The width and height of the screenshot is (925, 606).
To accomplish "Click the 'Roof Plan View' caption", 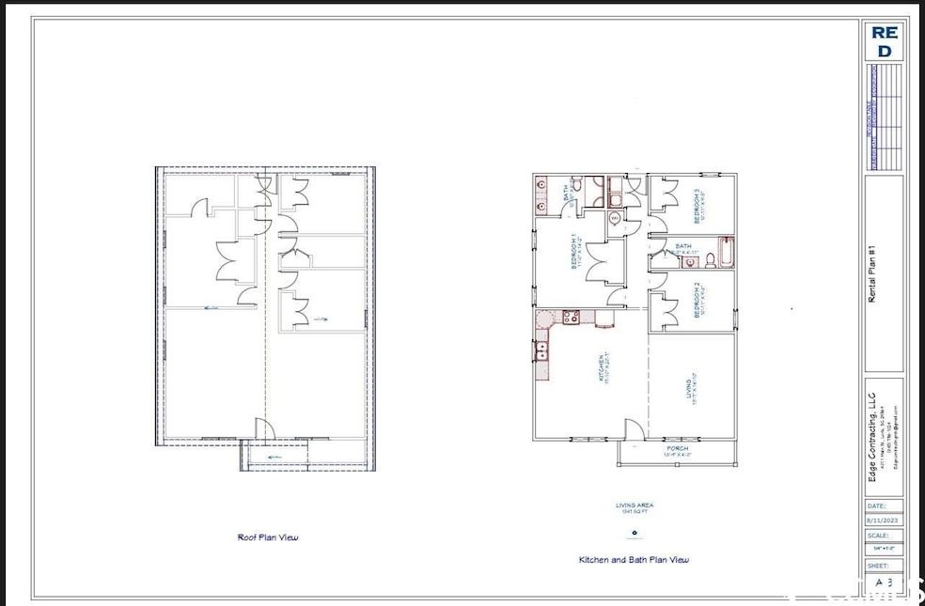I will coord(267,537).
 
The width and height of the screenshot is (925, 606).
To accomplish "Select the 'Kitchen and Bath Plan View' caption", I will coord(634,560).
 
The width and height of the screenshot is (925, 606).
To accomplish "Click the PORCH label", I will coord(679,449).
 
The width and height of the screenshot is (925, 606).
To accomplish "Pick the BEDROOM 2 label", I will coord(697,301).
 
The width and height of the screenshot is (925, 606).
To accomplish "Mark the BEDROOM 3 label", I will coord(697,206).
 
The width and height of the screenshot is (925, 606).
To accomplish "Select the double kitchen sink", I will coord(542,353).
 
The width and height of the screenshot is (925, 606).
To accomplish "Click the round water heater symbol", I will coord(615,219).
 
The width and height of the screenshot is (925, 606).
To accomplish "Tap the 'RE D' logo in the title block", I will coord(884,40).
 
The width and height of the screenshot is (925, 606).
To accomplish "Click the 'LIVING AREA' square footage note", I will coord(635,508).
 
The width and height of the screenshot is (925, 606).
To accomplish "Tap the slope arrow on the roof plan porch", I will coord(274,458).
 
